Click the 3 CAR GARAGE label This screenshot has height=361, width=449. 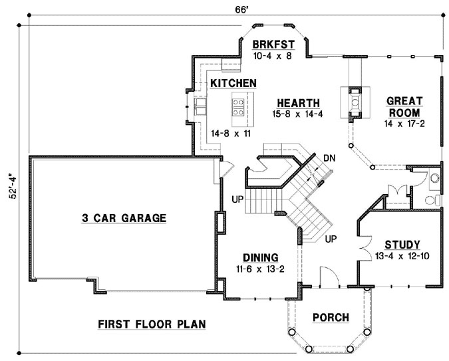123,217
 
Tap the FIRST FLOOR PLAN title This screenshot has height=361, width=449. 151,324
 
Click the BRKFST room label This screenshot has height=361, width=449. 273,45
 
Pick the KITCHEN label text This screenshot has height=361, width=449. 233,83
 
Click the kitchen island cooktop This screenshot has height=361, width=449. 237,104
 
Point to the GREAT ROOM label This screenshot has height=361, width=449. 407,106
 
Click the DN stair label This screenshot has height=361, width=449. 329,158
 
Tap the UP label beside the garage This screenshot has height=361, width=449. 236,199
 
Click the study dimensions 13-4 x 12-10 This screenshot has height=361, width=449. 402,256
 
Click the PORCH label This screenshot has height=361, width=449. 331,318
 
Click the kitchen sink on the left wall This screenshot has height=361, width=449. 199,106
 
